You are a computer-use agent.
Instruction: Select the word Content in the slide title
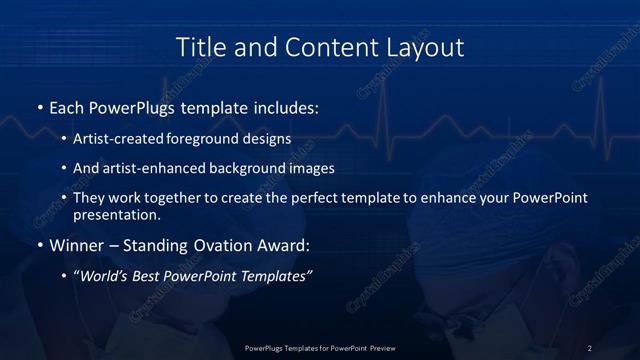[x=319, y=47]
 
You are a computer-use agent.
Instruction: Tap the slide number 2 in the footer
[x=589, y=348]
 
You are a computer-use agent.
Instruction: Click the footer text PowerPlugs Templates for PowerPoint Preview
[x=319, y=348]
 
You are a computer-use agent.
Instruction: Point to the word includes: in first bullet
[x=282, y=106]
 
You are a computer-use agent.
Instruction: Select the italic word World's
[x=103, y=276]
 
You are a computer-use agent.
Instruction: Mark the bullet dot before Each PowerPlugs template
[x=39, y=106]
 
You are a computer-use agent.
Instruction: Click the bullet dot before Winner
[x=39, y=244]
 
